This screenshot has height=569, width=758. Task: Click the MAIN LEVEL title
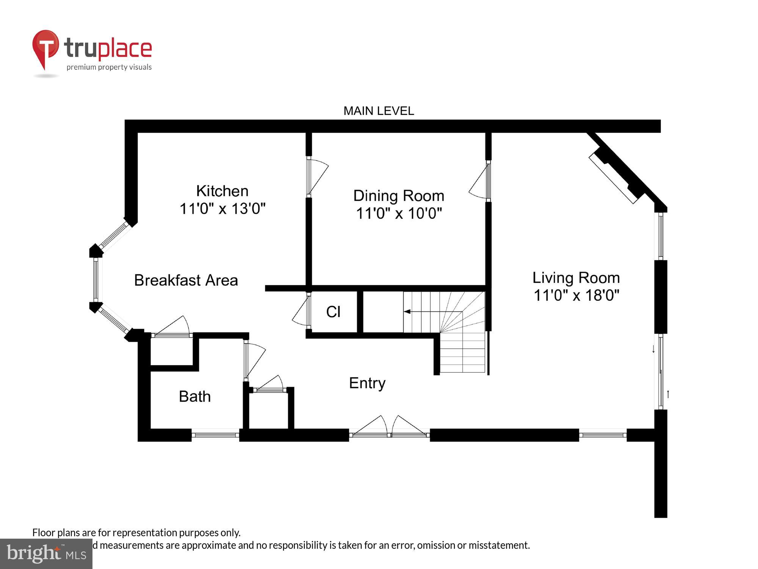click(379, 111)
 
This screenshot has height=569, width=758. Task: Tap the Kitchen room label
click(222, 191)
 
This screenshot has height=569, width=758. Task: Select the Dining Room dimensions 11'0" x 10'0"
click(399, 213)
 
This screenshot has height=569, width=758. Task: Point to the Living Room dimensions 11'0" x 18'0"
click(576, 295)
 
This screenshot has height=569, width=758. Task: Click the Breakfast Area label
click(186, 280)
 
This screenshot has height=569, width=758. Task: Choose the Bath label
click(194, 396)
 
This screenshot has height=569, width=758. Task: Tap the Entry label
click(367, 383)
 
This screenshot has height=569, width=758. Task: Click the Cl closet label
click(333, 312)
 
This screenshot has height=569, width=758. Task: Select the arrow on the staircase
click(408, 311)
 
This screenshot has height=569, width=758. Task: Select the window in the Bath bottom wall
click(215, 435)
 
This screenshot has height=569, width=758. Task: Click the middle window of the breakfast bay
click(96, 280)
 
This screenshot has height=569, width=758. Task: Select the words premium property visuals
click(109, 68)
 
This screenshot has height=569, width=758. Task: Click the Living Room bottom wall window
click(603, 435)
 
